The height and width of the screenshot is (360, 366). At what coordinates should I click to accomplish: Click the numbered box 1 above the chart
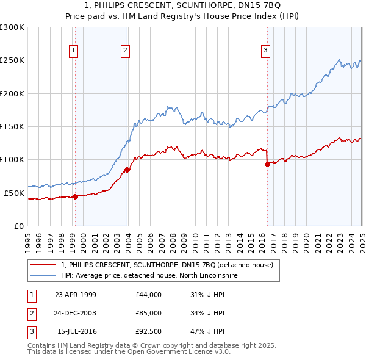(x=73, y=51)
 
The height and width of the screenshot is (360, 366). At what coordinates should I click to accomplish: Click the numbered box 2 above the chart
(x=125, y=51)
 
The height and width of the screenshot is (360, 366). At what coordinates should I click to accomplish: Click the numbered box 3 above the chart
(x=267, y=51)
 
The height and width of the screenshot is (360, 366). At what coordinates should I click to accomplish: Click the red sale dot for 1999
(x=75, y=196)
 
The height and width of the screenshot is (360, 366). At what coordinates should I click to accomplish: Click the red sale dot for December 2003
(x=127, y=170)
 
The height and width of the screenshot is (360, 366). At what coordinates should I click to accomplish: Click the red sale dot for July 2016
(x=267, y=164)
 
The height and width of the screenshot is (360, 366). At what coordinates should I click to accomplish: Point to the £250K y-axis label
(x=12, y=60)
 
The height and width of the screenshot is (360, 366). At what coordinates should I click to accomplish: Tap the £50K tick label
(x=14, y=193)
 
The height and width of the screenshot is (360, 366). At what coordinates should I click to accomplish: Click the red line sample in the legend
(x=43, y=265)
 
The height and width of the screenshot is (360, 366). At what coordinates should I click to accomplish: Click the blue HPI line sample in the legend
(x=43, y=276)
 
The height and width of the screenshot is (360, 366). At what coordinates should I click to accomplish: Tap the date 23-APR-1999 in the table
(x=76, y=295)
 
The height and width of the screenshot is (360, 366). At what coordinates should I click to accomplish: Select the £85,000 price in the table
(x=149, y=313)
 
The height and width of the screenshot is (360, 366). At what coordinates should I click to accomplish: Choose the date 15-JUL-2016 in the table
(x=76, y=331)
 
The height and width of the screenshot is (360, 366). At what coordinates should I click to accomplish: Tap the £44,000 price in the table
(x=149, y=295)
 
